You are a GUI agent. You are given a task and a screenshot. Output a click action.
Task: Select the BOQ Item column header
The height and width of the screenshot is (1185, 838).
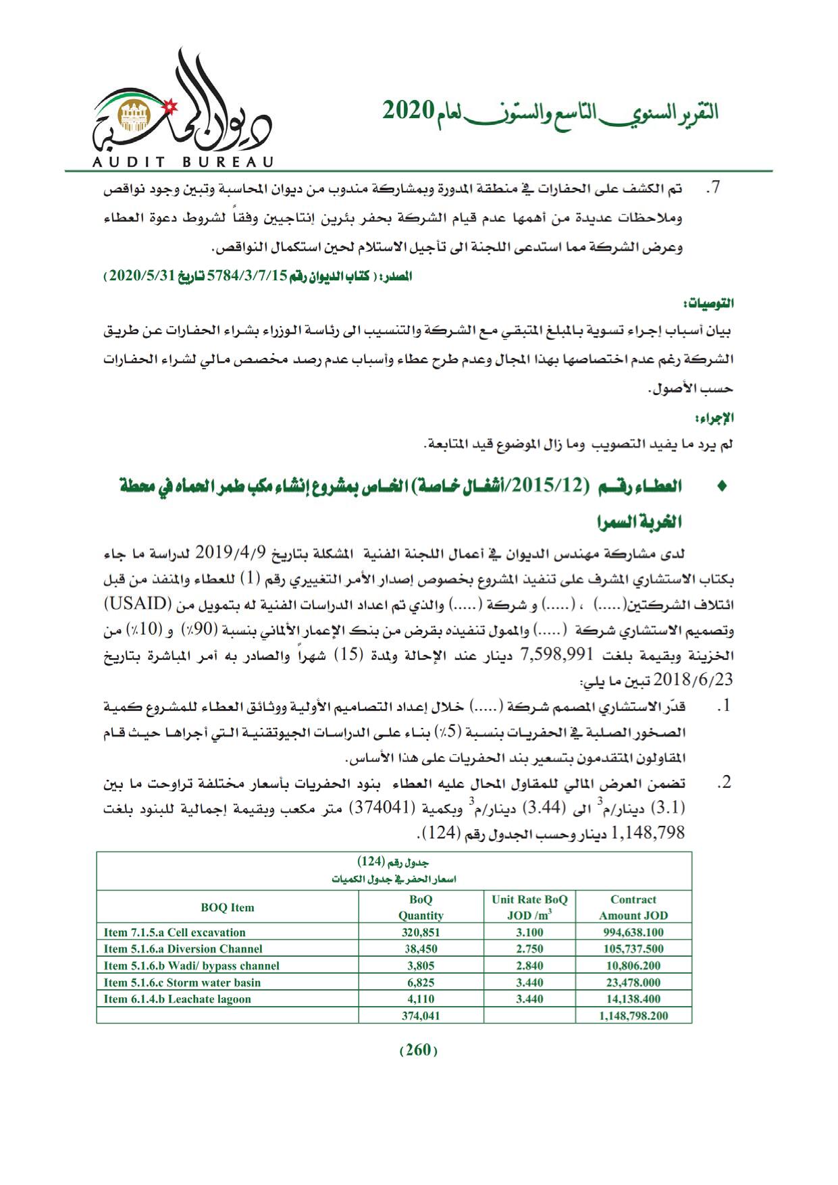click(x=228, y=907)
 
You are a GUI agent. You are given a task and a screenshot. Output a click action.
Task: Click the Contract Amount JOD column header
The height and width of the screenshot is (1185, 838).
click(x=633, y=907)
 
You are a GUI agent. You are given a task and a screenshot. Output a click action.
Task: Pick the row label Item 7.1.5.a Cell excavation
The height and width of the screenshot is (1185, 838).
click(x=175, y=932)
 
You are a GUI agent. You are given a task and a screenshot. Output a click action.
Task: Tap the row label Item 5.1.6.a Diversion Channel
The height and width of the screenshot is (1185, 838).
click(x=183, y=949)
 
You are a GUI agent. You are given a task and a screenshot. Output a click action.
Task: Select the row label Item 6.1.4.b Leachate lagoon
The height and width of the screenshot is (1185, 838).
click(x=177, y=999)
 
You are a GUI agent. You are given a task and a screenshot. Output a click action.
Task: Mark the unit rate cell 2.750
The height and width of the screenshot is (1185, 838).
click(x=529, y=949)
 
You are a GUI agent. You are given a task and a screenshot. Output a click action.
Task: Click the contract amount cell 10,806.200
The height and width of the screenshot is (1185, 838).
click(x=633, y=966)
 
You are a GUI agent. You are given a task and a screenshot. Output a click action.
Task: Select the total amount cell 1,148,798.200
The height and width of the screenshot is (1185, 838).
click(x=633, y=1016)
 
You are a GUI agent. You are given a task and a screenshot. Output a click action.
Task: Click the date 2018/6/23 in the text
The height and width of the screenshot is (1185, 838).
click(x=702, y=677)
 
